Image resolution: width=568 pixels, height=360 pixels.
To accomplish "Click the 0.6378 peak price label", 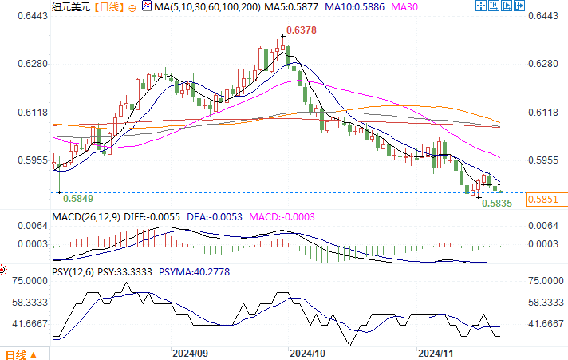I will (302, 30).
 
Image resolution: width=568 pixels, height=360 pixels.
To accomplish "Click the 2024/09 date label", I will (191, 352).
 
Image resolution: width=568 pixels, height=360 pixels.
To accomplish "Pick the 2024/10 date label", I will (307, 352).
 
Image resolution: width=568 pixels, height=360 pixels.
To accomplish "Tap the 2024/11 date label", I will (436, 352).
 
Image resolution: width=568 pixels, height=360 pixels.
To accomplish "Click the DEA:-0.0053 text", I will (213, 216).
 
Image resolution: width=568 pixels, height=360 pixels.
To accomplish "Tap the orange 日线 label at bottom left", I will (16, 354).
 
